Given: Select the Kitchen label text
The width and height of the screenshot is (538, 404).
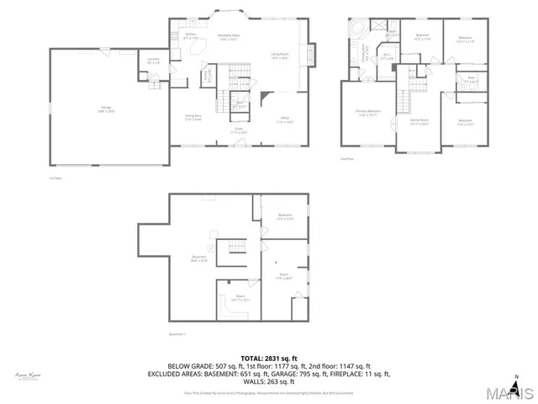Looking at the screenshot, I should pos(191,36).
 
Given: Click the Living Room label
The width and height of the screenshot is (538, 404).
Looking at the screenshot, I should pos(280,56).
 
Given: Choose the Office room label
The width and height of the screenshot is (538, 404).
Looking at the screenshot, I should pos(285,121).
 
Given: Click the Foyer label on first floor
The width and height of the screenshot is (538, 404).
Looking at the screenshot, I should pos(239,130).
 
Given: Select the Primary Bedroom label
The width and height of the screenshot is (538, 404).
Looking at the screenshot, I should pos(367,113).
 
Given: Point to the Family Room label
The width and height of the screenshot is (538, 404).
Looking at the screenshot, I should pos(419,121).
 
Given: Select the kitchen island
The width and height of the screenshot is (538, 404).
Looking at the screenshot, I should pos(202,52).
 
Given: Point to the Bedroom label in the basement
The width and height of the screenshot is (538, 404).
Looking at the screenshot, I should pos(285,217).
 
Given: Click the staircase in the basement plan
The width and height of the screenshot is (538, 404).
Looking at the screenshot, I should pos(236,245).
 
